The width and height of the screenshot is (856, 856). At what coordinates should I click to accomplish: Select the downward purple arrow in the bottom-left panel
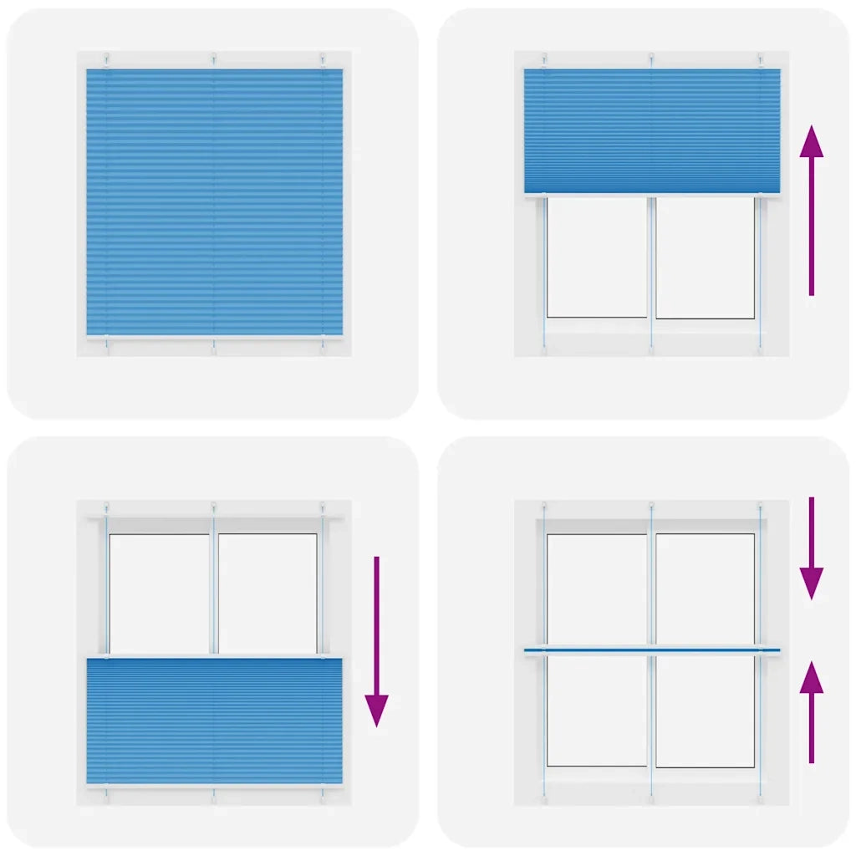click(376, 639)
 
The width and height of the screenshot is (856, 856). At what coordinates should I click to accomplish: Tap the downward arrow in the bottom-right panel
click(811, 548)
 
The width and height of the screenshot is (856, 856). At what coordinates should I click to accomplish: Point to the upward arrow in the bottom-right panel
click(811, 711)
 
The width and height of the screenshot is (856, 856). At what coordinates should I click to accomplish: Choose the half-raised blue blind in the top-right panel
click(652, 130)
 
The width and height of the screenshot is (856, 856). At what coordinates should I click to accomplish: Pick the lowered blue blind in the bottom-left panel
click(214, 721)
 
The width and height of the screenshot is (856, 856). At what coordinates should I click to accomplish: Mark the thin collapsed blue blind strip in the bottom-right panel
click(652, 650)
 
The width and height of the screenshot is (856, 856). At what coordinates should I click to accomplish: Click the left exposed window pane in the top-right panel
click(597, 257)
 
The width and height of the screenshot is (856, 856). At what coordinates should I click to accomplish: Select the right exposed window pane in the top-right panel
click(705, 257)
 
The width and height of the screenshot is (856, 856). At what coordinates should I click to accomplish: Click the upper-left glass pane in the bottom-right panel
click(597, 588)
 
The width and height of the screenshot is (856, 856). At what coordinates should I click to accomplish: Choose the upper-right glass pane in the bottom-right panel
click(705, 588)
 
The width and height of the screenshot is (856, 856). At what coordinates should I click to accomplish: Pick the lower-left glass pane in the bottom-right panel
click(597, 711)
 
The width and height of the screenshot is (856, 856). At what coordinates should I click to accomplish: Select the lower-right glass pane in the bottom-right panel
click(705, 711)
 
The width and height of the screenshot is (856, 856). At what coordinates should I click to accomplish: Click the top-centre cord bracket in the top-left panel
click(214, 58)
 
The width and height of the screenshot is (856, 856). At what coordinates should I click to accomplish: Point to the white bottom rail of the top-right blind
click(652, 195)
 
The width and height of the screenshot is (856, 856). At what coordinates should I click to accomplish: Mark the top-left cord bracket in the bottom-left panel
click(107, 507)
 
